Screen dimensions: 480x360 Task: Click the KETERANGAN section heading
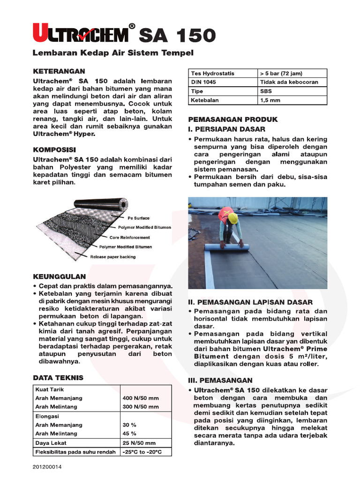(59, 71)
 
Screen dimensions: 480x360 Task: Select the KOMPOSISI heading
(54, 150)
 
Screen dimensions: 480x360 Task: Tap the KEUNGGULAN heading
(59, 277)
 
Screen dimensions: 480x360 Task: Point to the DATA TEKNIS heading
(58, 377)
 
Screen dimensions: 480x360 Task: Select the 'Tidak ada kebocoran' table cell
(289, 82)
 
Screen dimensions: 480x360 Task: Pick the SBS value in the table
(266, 91)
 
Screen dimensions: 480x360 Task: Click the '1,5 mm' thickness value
(270, 100)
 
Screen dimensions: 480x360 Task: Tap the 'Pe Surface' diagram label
(139, 218)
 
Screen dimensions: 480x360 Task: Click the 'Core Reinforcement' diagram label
(130, 238)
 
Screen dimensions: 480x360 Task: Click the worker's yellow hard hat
(232, 217)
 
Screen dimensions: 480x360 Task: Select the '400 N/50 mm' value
(141, 398)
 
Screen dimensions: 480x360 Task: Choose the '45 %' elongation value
(129, 434)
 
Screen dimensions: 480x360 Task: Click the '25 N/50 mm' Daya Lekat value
(139, 443)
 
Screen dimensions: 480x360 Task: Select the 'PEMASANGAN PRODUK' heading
(233, 120)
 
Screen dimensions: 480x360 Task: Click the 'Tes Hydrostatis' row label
(212, 74)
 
